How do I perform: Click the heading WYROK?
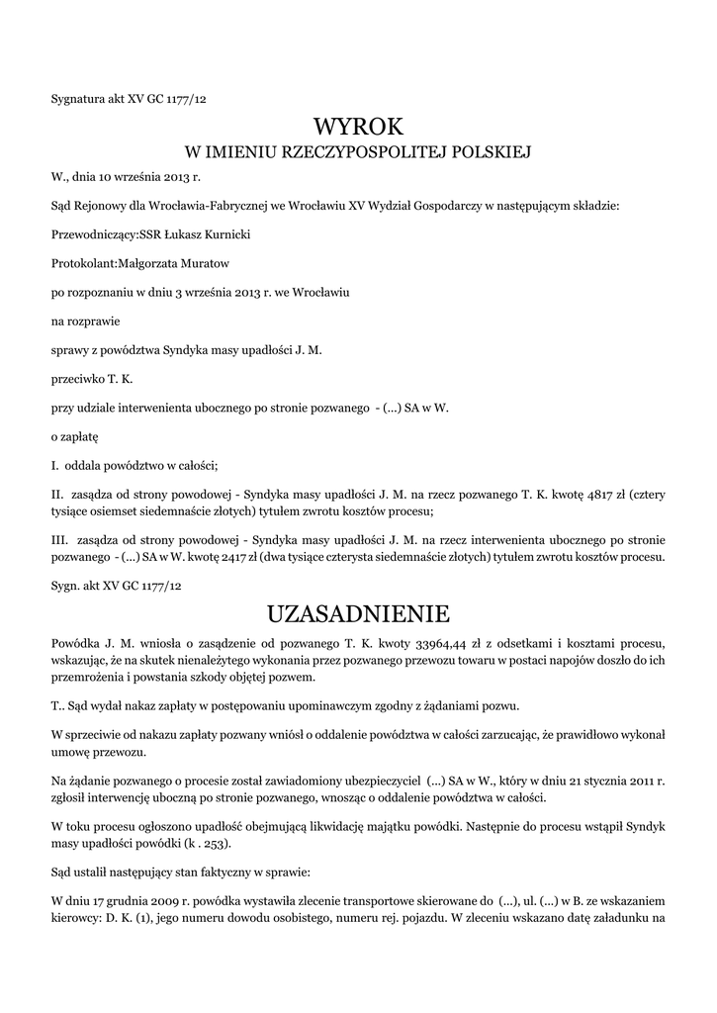pos(358,127)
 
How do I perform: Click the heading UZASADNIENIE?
pos(358,614)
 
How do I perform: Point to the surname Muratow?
pos(207,264)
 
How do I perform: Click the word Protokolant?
pos(83,264)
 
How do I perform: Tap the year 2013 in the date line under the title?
pos(170,176)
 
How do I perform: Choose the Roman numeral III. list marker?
pos(60,540)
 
